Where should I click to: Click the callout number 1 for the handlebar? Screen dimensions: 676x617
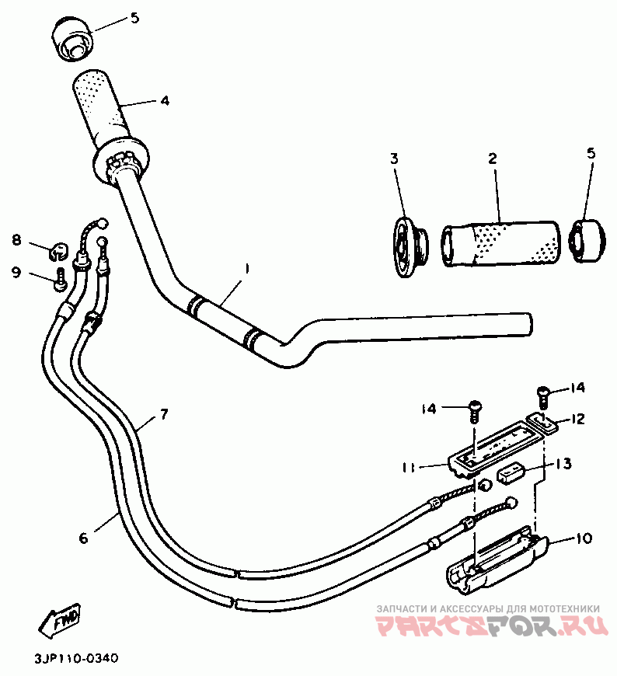tap(246, 269)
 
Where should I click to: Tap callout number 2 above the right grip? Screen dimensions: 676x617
tap(492, 158)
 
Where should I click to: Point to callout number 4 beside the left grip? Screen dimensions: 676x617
tap(164, 100)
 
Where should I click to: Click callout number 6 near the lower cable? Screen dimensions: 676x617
tap(84, 537)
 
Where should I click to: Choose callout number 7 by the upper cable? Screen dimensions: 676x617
tap(164, 413)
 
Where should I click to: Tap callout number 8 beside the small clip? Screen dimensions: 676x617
tap(16, 240)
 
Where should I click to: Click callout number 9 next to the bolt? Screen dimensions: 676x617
tap(16, 272)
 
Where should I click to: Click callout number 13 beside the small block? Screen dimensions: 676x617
tap(564, 464)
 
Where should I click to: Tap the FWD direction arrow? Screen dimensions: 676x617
tap(60, 619)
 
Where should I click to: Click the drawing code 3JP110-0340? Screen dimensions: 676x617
tap(76, 659)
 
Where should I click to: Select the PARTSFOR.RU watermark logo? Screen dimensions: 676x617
tap(487, 626)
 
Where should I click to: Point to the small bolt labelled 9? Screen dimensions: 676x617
tap(60, 281)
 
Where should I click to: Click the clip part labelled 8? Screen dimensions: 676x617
tap(56, 250)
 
